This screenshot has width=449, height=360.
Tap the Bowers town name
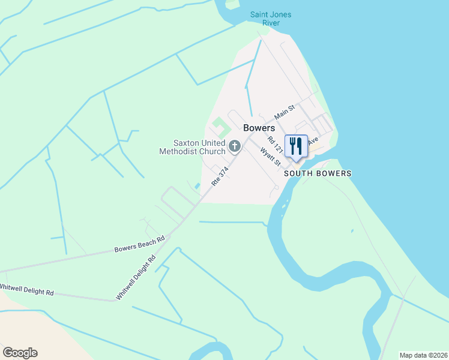tap(259, 128)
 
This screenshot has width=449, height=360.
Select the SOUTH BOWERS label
tap(317, 173)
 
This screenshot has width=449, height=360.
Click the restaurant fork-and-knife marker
tap(296, 146)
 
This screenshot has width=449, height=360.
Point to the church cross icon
tap(235, 145)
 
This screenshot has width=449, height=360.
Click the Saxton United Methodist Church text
tap(193, 148)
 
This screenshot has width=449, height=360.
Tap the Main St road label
tap(285, 111)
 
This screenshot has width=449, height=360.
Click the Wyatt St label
tap(271, 157)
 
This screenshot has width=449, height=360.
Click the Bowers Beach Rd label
tap(140, 245)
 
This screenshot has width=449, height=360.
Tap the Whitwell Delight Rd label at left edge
tap(27, 290)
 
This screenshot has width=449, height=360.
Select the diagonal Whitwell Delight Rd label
tap(136, 277)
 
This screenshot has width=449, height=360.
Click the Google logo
tap(20, 353)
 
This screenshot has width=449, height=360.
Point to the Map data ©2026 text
tap(423, 355)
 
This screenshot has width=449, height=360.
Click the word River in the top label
tap(271, 23)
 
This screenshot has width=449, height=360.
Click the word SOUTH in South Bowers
tap(298, 173)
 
